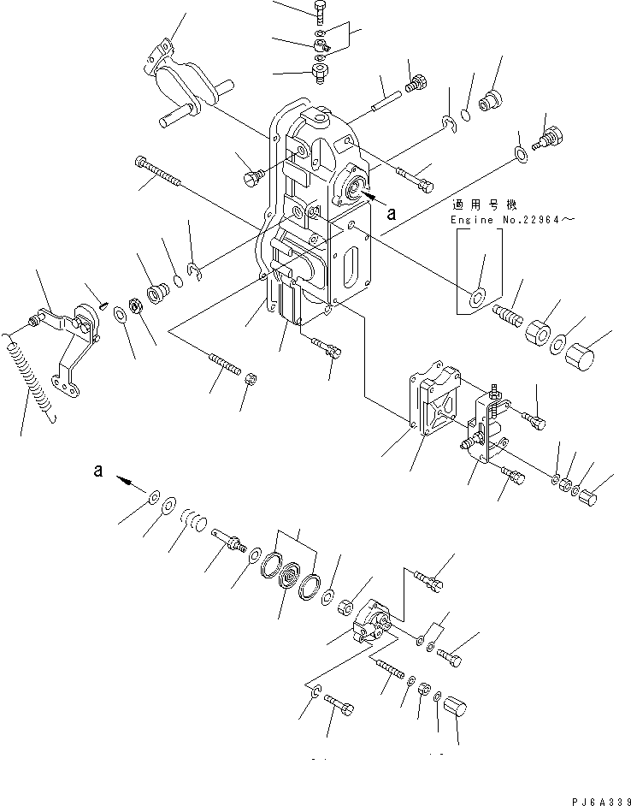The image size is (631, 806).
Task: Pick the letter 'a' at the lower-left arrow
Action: pos(99,470)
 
